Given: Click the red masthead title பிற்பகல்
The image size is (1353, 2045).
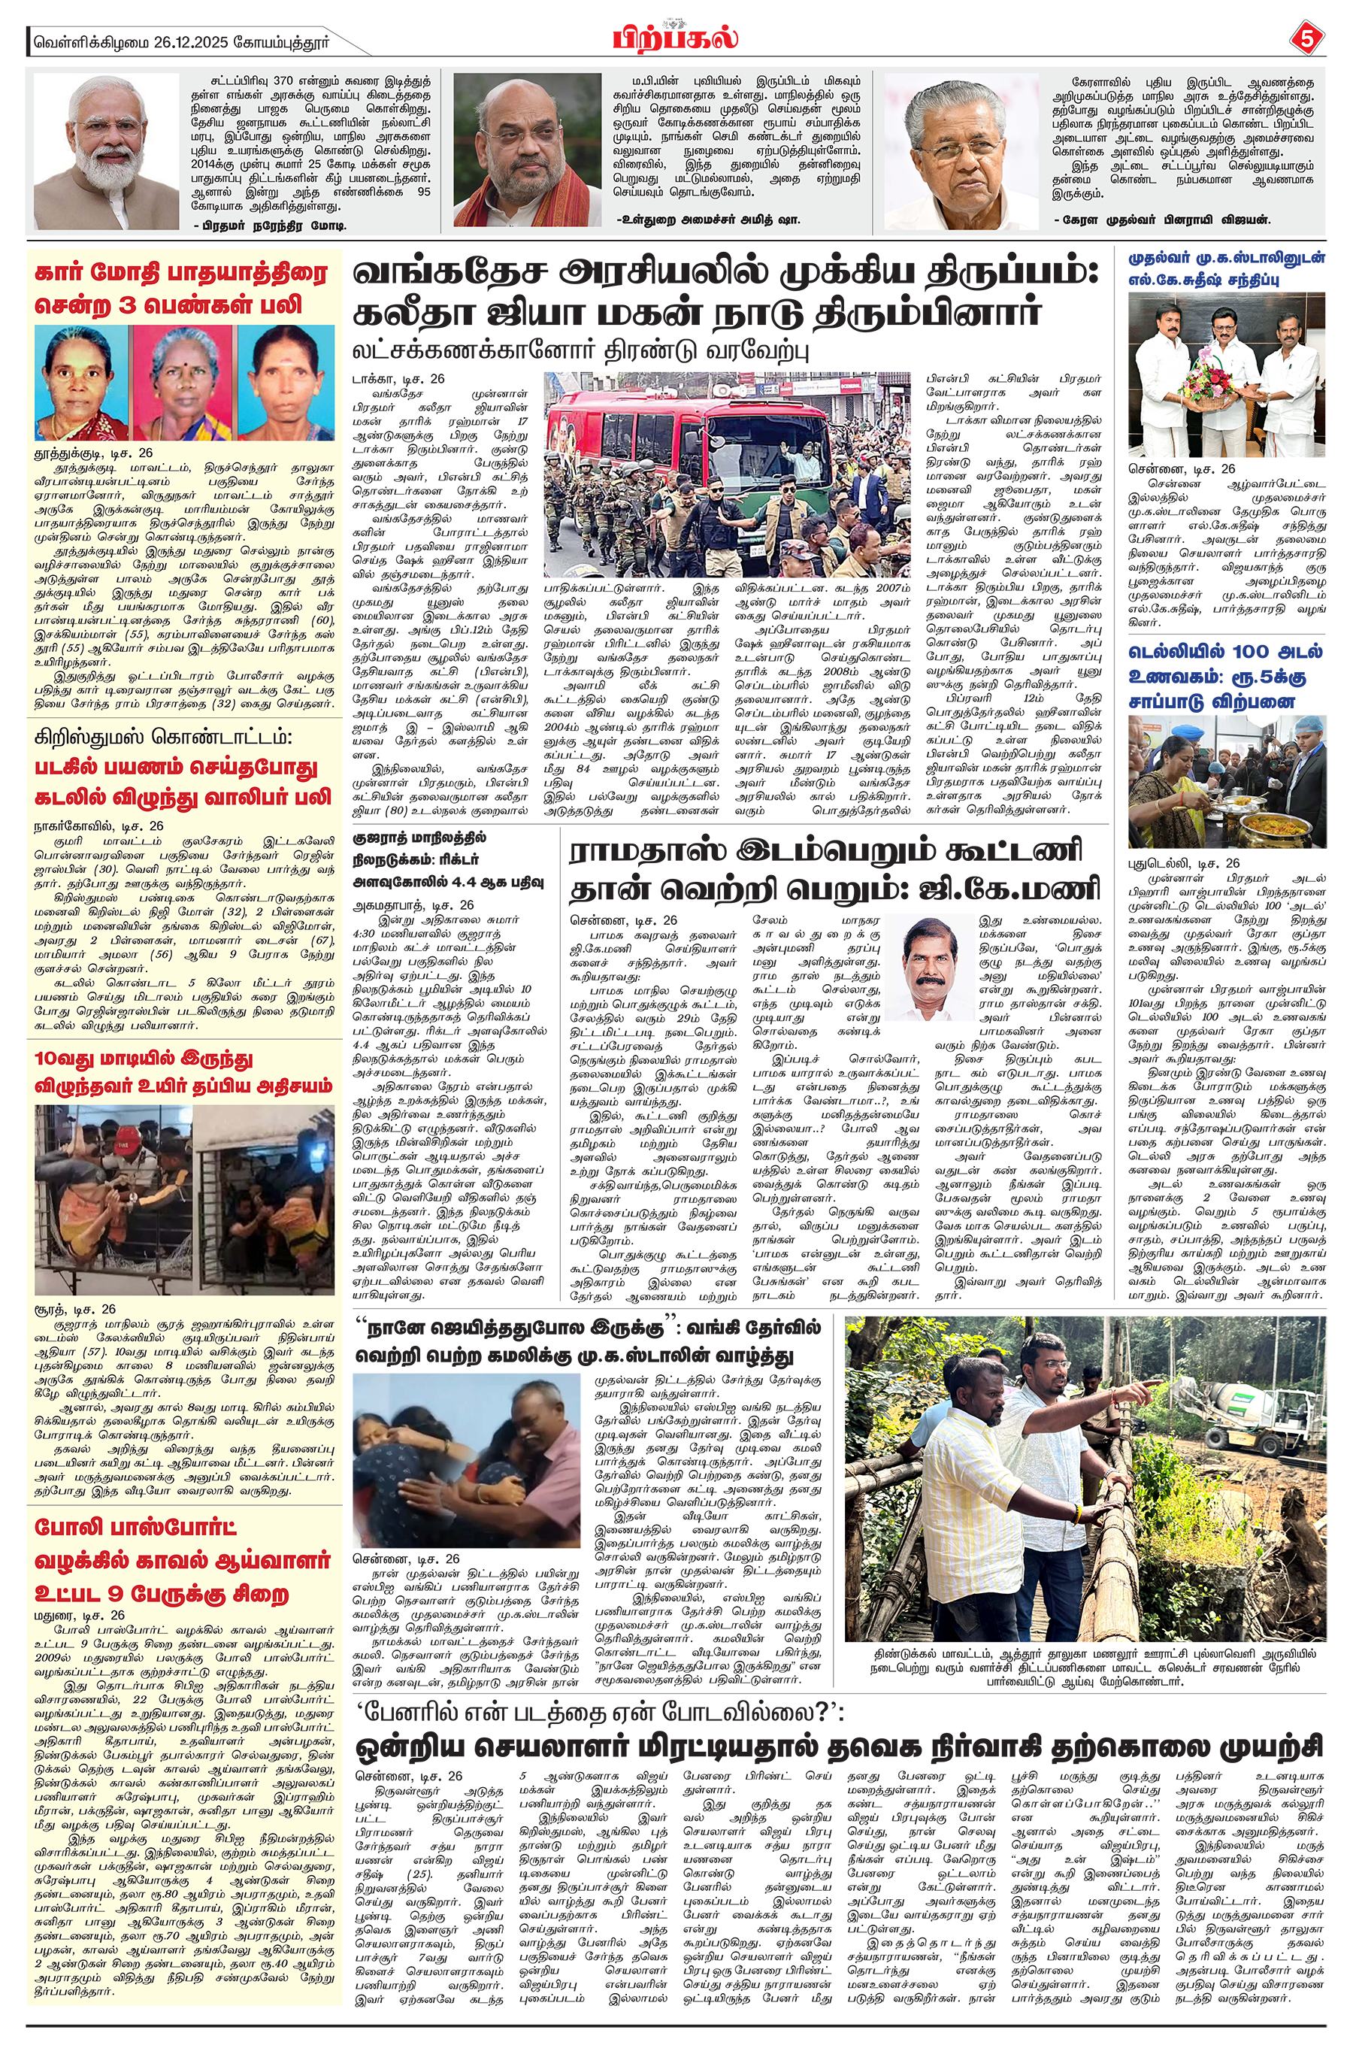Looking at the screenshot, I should (x=676, y=40).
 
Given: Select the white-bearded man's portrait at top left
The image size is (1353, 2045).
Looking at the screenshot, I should (x=105, y=151).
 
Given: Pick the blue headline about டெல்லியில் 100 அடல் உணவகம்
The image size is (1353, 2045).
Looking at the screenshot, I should (x=1225, y=677).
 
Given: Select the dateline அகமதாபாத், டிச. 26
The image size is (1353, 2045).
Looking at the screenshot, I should (x=413, y=905).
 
